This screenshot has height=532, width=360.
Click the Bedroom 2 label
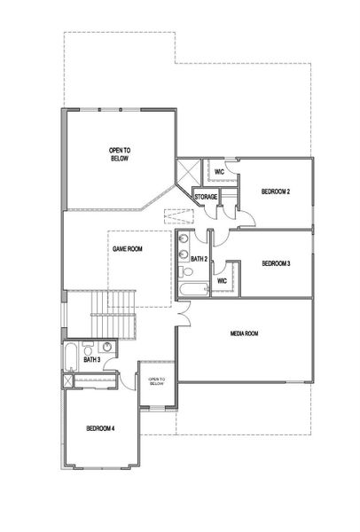[x=276, y=192]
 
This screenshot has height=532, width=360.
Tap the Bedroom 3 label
[x=276, y=263]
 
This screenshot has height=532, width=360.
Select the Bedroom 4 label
[x=100, y=428]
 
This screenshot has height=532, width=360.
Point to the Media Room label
[x=245, y=333]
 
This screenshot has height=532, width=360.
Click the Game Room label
[x=127, y=249]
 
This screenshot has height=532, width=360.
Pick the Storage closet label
[x=206, y=197]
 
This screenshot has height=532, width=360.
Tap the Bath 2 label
[x=199, y=259]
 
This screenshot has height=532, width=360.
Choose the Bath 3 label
[x=92, y=360]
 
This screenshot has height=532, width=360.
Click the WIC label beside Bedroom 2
[x=220, y=172]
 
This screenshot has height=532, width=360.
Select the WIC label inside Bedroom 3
[x=222, y=281]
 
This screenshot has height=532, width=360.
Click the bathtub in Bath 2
[x=193, y=289]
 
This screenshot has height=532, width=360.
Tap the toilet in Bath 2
[x=185, y=271]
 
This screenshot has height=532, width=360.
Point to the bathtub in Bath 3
[x=71, y=357]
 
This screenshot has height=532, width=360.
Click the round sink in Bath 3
[x=107, y=347]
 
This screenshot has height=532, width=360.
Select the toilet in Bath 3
[x=88, y=348]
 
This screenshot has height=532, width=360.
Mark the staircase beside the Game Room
[x=113, y=314]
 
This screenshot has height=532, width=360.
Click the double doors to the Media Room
[x=184, y=313]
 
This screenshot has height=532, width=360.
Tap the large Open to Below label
[x=120, y=154]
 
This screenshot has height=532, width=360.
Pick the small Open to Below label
[x=157, y=381]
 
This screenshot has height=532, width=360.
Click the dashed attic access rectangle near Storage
[x=179, y=217]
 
